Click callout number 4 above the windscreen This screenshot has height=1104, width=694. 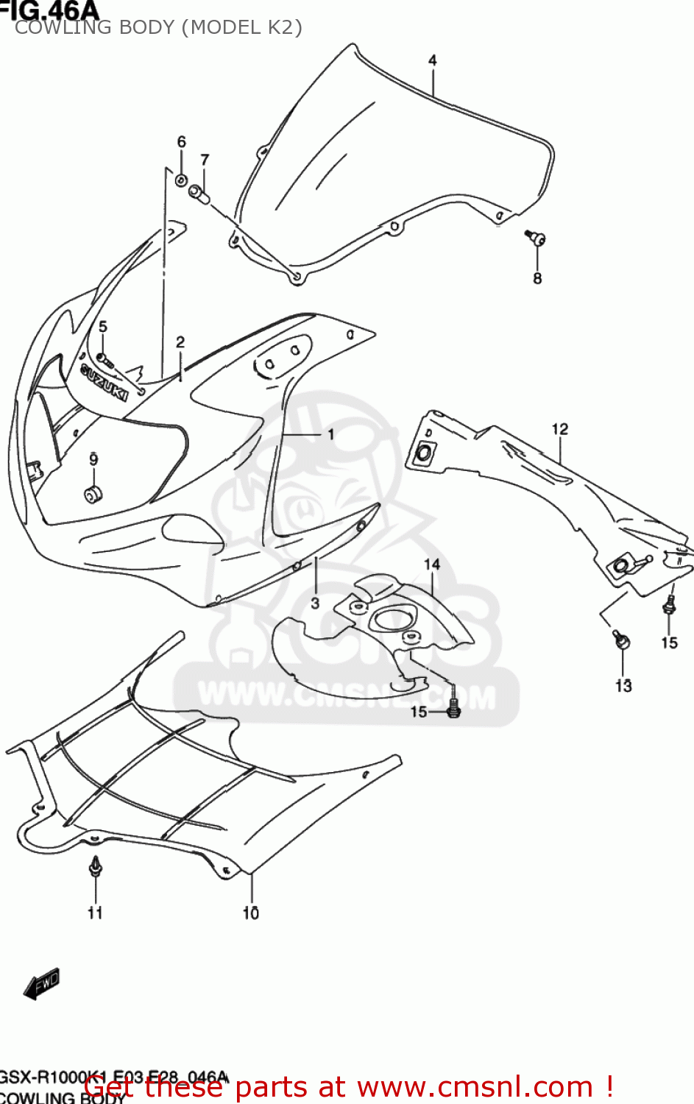click(433, 60)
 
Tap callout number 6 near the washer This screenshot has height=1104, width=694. click(181, 142)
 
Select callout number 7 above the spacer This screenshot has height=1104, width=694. click(205, 160)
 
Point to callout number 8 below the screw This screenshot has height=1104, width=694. click(537, 278)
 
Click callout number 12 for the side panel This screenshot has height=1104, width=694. click(560, 429)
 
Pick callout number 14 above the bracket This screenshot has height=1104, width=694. click(432, 565)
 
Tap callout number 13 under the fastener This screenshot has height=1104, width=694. click(623, 686)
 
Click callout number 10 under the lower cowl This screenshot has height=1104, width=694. click(251, 913)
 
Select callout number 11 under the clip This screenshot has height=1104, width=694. click(95, 913)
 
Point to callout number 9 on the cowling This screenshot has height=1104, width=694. click(93, 460)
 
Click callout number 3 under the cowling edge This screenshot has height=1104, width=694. click(315, 604)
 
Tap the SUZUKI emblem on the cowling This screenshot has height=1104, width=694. click(104, 383)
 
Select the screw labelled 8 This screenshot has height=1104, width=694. click(537, 237)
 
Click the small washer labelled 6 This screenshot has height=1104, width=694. click(180, 179)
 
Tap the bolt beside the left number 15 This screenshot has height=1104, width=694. click(453, 709)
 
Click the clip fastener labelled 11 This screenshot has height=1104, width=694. click(95, 868)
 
